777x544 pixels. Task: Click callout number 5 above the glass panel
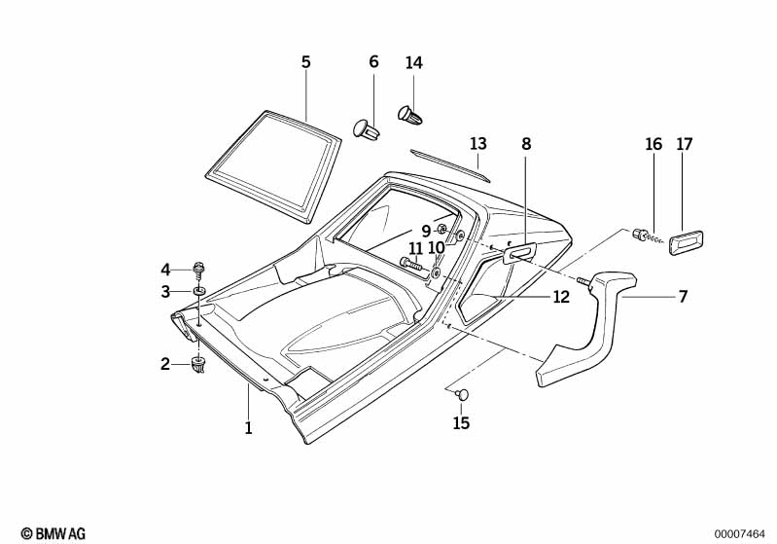[x=305, y=62]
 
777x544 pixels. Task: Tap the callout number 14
[x=414, y=62]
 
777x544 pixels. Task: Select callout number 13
[x=477, y=144]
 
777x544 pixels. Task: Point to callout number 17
[x=685, y=144]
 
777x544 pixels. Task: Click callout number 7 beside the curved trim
[x=683, y=297]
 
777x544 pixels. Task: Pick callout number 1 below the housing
[x=248, y=427]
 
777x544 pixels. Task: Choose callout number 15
[x=461, y=423]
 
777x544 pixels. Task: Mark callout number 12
[x=561, y=298]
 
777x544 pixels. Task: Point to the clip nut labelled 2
[x=199, y=365]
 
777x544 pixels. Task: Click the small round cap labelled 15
[x=462, y=394]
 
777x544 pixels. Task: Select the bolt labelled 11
[x=411, y=262]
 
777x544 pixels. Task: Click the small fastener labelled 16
[x=642, y=235]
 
